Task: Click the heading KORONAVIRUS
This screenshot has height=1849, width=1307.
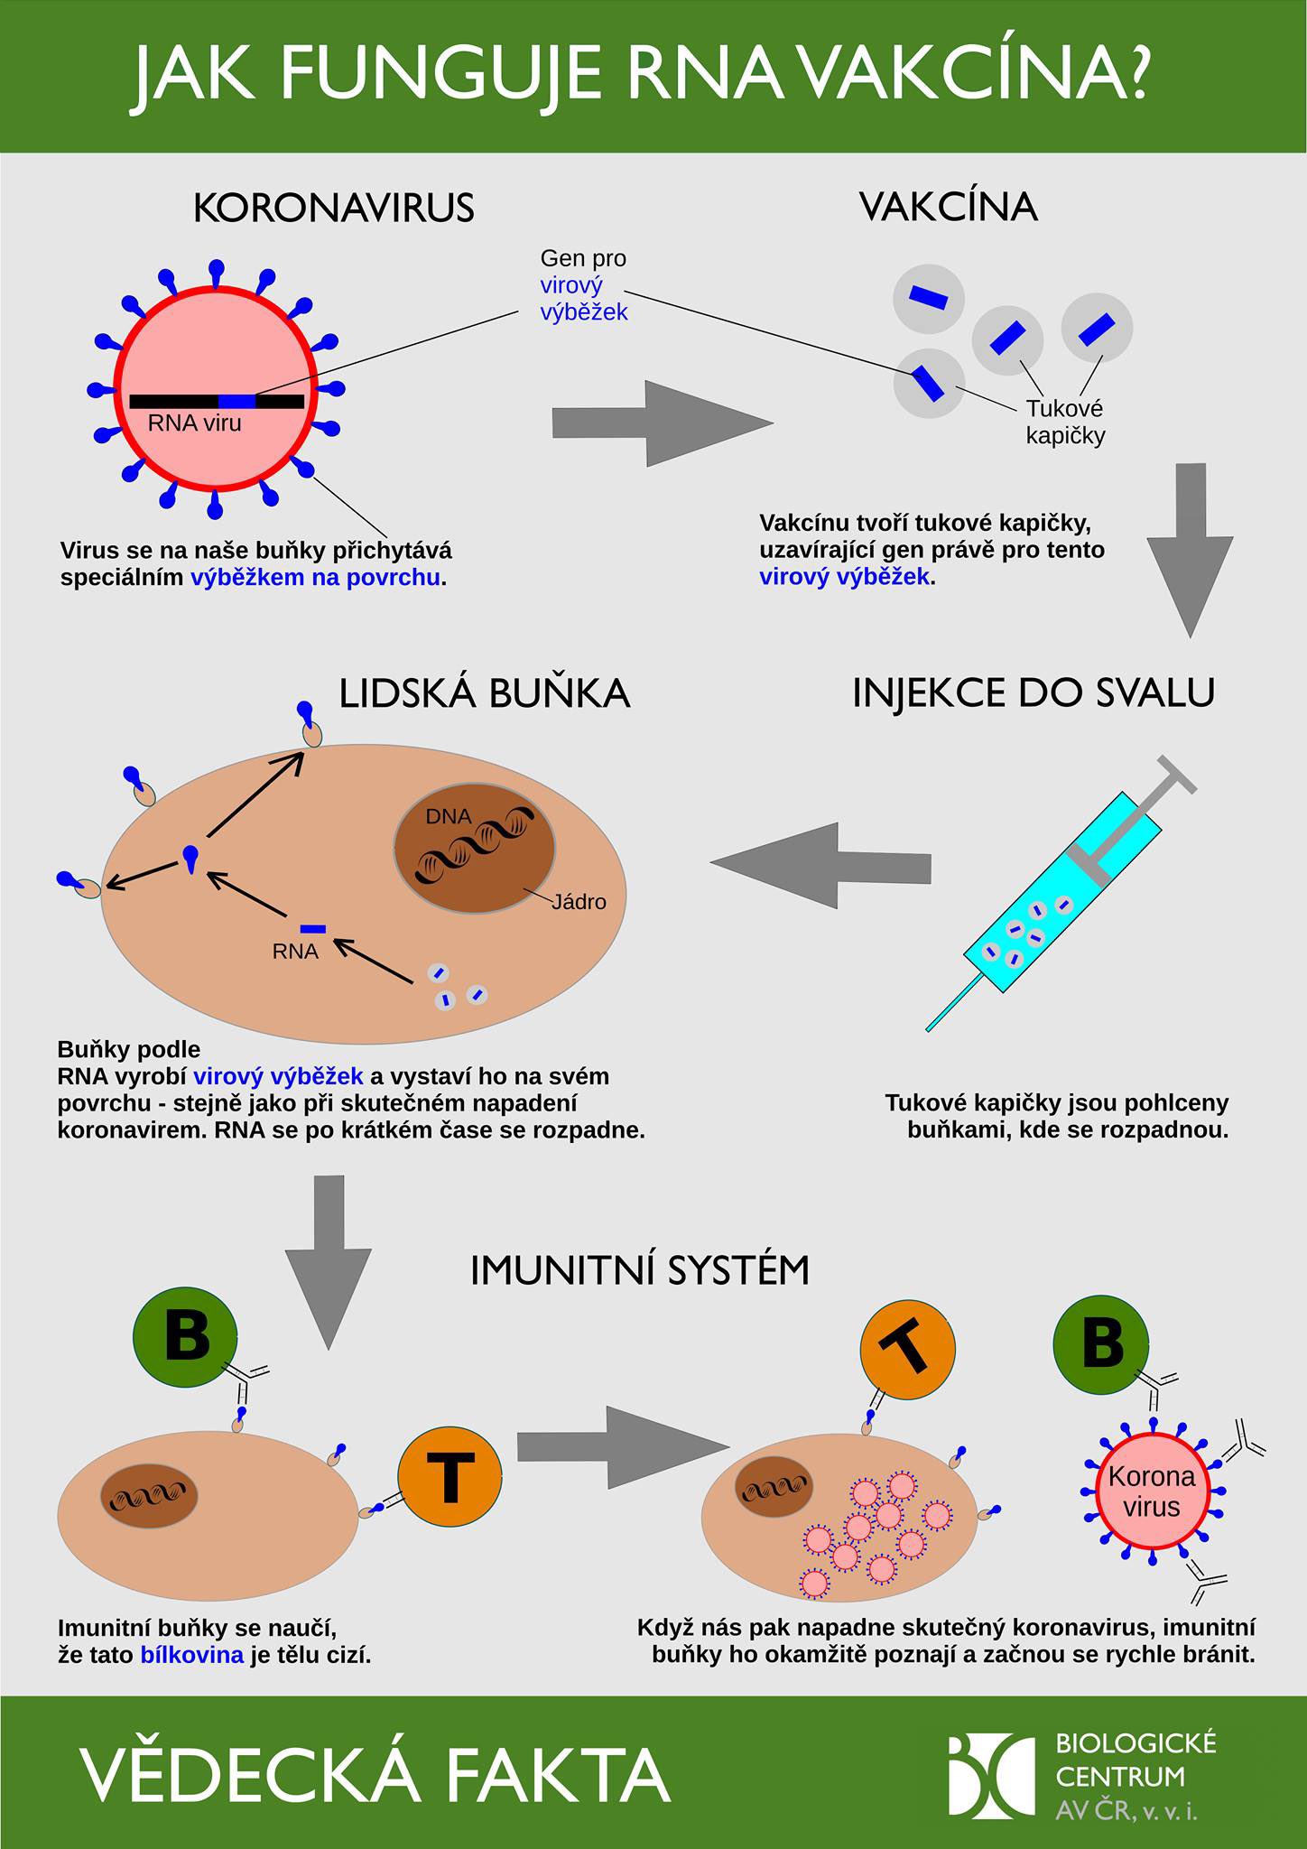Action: click(x=333, y=209)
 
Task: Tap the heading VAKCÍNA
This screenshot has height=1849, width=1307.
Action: click(x=948, y=207)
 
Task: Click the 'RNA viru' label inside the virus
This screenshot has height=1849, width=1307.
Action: click(x=195, y=423)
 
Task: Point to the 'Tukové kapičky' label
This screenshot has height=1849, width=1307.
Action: click(x=1065, y=423)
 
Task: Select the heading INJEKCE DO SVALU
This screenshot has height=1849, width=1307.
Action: click(x=1034, y=692)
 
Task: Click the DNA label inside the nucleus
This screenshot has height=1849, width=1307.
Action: click(x=449, y=816)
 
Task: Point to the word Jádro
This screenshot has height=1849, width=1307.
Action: click(x=579, y=902)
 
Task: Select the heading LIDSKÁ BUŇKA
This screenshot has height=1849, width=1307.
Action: click(x=485, y=693)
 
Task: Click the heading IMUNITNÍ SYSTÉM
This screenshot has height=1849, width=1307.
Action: click(x=640, y=1271)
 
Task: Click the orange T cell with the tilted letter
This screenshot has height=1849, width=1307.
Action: click(x=907, y=1350)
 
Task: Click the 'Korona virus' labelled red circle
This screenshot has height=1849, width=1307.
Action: click(x=1152, y=1492)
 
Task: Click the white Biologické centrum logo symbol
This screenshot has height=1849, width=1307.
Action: click(x=991, y=1775)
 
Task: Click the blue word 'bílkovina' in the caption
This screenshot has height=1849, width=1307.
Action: click(x=192, y=1655)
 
